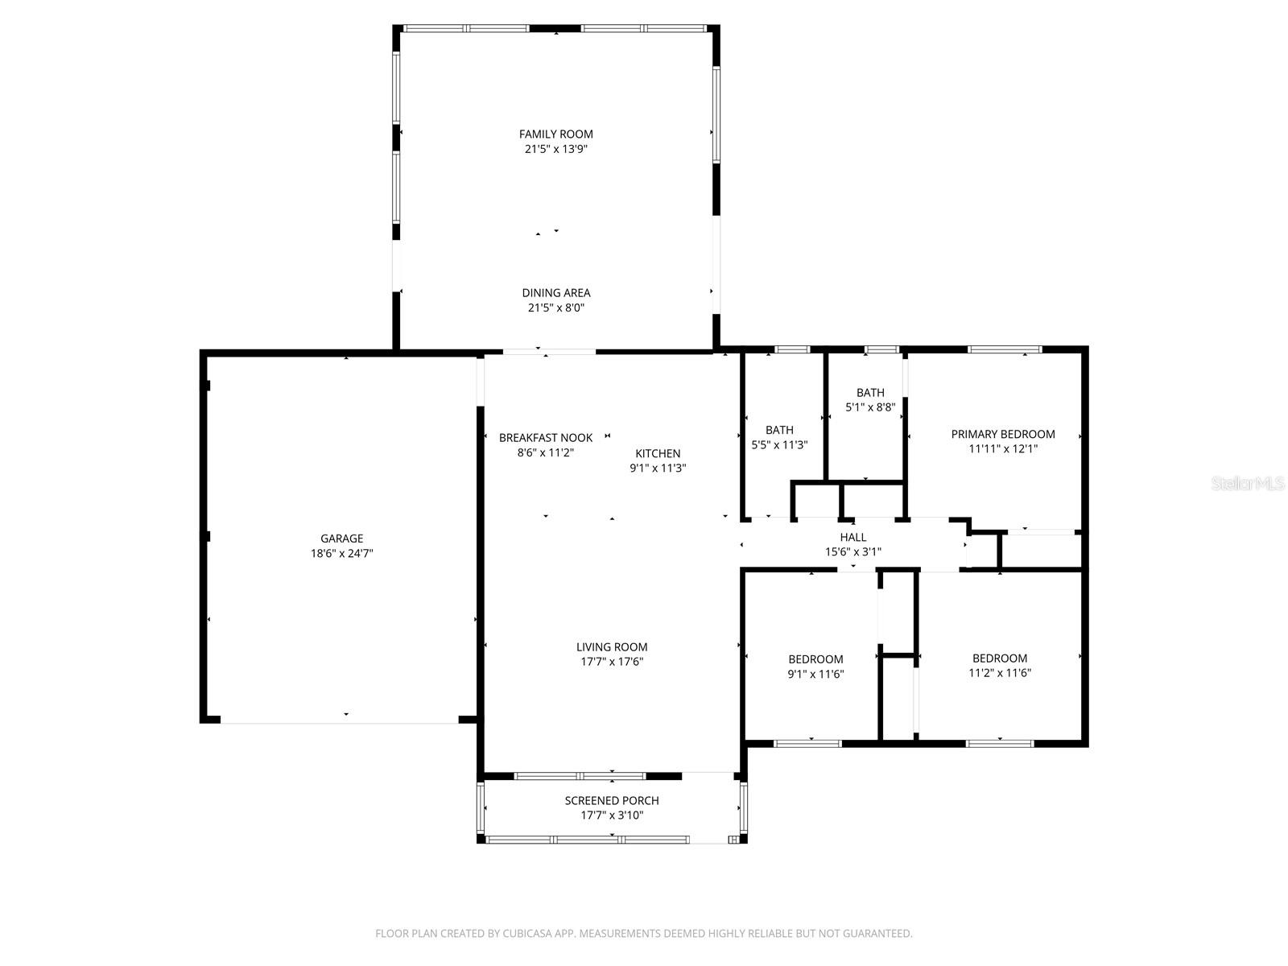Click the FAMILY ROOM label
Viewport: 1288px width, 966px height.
click(x=555, y=134)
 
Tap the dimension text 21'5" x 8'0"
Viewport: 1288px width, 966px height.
click(x=555, y=308)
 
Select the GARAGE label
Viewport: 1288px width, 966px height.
click(x=341, y=539)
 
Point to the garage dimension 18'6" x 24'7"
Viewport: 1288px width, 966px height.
click(x=341, y=553)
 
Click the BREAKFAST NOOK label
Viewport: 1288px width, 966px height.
click(x=545, y=438)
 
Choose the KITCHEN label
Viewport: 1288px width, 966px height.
click(x=658, y=453)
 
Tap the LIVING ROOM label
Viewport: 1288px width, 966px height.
click(x=612, y=646)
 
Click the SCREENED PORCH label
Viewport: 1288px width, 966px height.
click(x=612, y=800)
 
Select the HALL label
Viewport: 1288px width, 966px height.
click(x=853, y=537)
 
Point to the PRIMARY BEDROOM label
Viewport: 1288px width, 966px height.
click(x=1002, y=434)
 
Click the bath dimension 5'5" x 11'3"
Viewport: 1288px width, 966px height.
click(x=778, y=444)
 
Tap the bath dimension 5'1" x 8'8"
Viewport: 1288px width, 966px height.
click(x=870, y=407)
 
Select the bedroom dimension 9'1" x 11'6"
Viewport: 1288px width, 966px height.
click(x=815, y=674)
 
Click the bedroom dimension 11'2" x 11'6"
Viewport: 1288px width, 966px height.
click(x=1000, y=673)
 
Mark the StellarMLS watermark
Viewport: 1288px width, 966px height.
click(x=1248, y=484)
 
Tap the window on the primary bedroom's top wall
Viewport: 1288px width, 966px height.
click(x=1004, y=349)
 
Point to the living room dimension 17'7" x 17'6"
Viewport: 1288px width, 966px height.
click(x=612, y=662)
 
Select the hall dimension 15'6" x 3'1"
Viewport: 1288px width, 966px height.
click(x=853, y=551)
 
